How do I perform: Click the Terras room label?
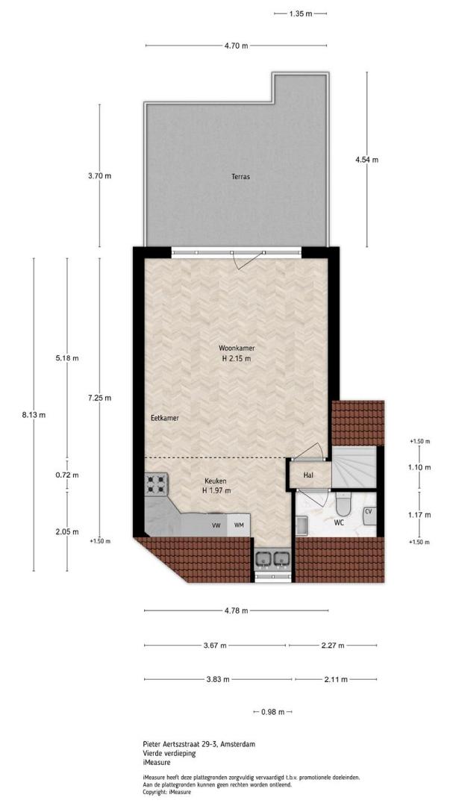(x=240, y=177)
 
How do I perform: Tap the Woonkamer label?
(x=237, y=348)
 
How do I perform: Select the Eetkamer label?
(x=165, y=419)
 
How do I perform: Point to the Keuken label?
(x=216, y=481)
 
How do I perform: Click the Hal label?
(x=308, y=475)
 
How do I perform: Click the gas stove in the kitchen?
(x=156, y=484)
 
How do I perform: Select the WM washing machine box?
(x=239, y=525)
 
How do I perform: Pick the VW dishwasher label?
(x=216, y=525)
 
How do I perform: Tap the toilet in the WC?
(x=343, y=504)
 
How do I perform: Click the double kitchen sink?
(x=272, y=557)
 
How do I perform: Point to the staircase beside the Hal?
(x=354, y=466)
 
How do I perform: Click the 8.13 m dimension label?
(x=34, y=415)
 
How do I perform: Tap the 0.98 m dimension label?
(x=272, y=712)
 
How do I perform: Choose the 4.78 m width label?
(x=237, y=610)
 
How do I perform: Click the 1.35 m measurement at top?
(x=300, y=14)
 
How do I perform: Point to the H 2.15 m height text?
(x=237, y=359)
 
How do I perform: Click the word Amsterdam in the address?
(x=239, y=744)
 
